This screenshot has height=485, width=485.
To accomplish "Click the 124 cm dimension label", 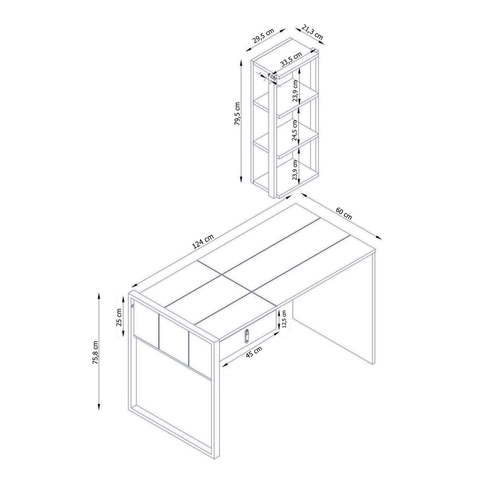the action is coord(203,241).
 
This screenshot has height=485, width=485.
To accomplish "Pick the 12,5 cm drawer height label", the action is coord(284,319).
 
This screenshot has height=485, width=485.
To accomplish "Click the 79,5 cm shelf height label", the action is coord(237,114).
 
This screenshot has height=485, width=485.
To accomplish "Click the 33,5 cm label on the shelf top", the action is coord(291,59).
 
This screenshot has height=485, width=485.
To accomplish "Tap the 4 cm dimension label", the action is coord(272,77).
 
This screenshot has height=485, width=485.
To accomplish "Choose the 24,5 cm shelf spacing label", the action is coord(295,130).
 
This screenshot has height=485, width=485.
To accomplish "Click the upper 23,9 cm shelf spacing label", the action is coord(295,91).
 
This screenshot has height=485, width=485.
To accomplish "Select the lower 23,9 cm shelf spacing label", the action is coord(295,171).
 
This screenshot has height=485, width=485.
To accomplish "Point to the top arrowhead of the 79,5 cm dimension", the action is coord(241,64).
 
